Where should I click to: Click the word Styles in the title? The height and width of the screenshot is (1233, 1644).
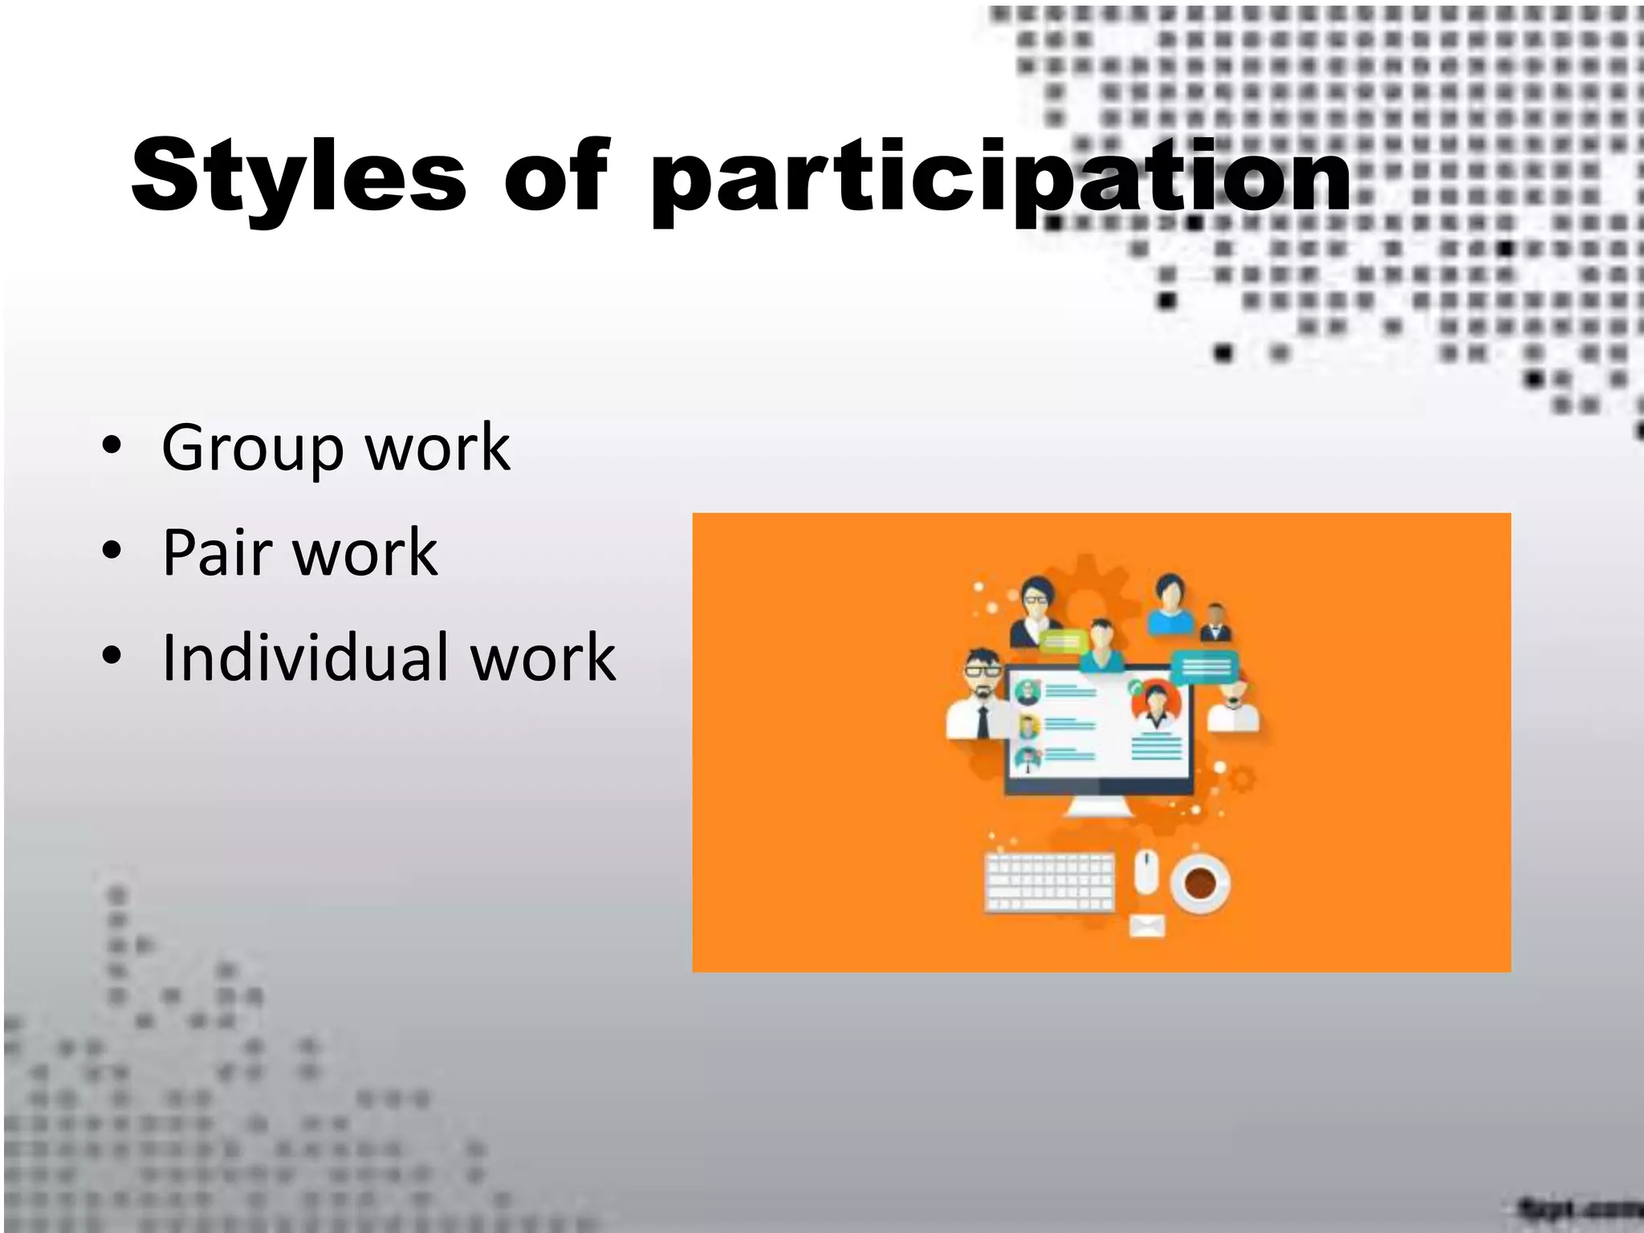(x=299, y=177)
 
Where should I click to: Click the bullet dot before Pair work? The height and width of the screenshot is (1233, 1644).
(x=112, y=551)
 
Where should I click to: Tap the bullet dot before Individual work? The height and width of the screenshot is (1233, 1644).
(x=112, y=656)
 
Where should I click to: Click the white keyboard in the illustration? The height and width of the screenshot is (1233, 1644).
(x=1049, y=882)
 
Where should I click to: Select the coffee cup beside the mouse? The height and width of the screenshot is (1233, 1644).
(x=1200, y=883)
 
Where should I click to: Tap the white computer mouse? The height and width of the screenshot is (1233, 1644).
(x=1146, y=873)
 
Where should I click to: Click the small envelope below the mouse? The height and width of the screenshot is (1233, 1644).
(x=1146, y=926)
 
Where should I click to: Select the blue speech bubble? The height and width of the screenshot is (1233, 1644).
(x=1206, y=666)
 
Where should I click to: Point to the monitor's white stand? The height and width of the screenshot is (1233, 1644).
(x=1098, y=806)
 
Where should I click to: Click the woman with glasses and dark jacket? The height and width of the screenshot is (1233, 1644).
(x=1036, y=610)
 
